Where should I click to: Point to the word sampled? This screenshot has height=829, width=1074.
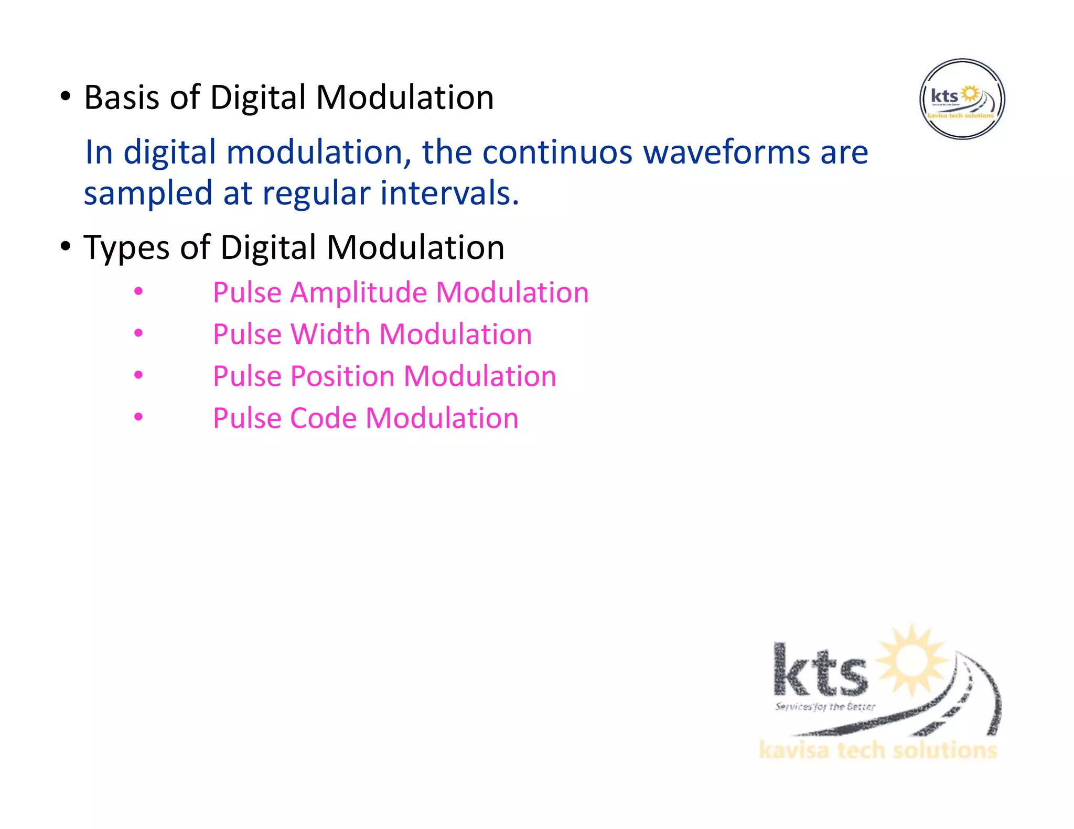tap(148, 194)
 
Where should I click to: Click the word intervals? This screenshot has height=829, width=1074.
tap(449, 193)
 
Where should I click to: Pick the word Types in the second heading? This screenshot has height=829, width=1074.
tap(126, 248)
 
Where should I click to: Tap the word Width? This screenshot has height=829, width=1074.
tap(330, 334)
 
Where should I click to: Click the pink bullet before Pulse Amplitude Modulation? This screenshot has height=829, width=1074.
tap(138, 291)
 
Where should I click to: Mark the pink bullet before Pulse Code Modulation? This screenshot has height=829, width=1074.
tap(138, 417)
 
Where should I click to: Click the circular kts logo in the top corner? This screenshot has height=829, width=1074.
tap(962, 99)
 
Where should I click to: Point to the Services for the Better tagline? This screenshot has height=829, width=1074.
tap(825, 707)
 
